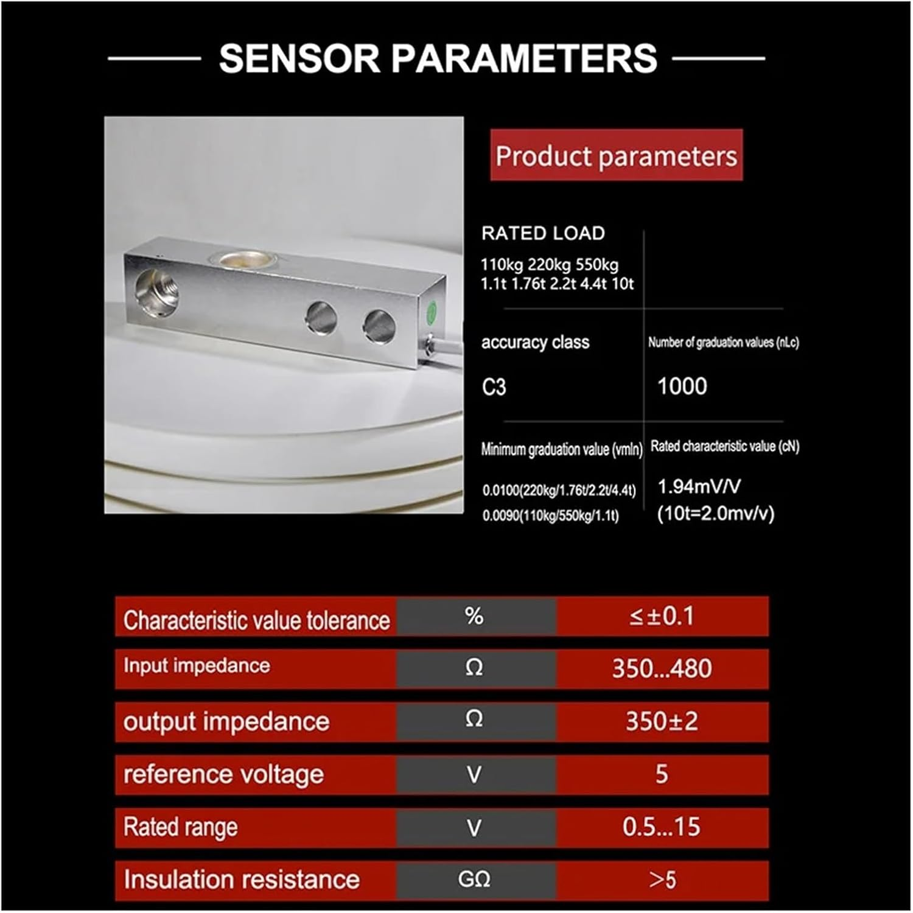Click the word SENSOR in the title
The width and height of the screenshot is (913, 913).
point(300,58)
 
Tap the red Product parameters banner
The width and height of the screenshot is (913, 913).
point(617,155)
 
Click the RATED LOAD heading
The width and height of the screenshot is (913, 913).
point(543,233)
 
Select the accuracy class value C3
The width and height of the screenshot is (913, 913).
point(494,387)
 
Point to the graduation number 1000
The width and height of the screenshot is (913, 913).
point(682,386)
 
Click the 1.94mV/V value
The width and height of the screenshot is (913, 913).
point(699,486)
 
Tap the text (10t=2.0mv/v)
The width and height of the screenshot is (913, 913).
point(716,513)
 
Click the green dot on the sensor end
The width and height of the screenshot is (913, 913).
point(431,313)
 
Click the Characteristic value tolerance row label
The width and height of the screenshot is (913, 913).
point(256,620)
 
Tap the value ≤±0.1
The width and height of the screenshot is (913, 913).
point(662,617)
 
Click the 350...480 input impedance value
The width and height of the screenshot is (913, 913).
point(662,668)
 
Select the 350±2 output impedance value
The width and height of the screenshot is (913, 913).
point(662,721)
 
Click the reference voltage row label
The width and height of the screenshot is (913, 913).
point(223,775)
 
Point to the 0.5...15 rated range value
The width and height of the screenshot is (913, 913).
point(662,827)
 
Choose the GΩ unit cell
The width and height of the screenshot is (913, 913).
point(474,880)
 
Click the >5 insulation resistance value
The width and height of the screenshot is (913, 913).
point(662,880)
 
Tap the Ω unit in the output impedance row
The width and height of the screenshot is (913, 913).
point(474,719)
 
